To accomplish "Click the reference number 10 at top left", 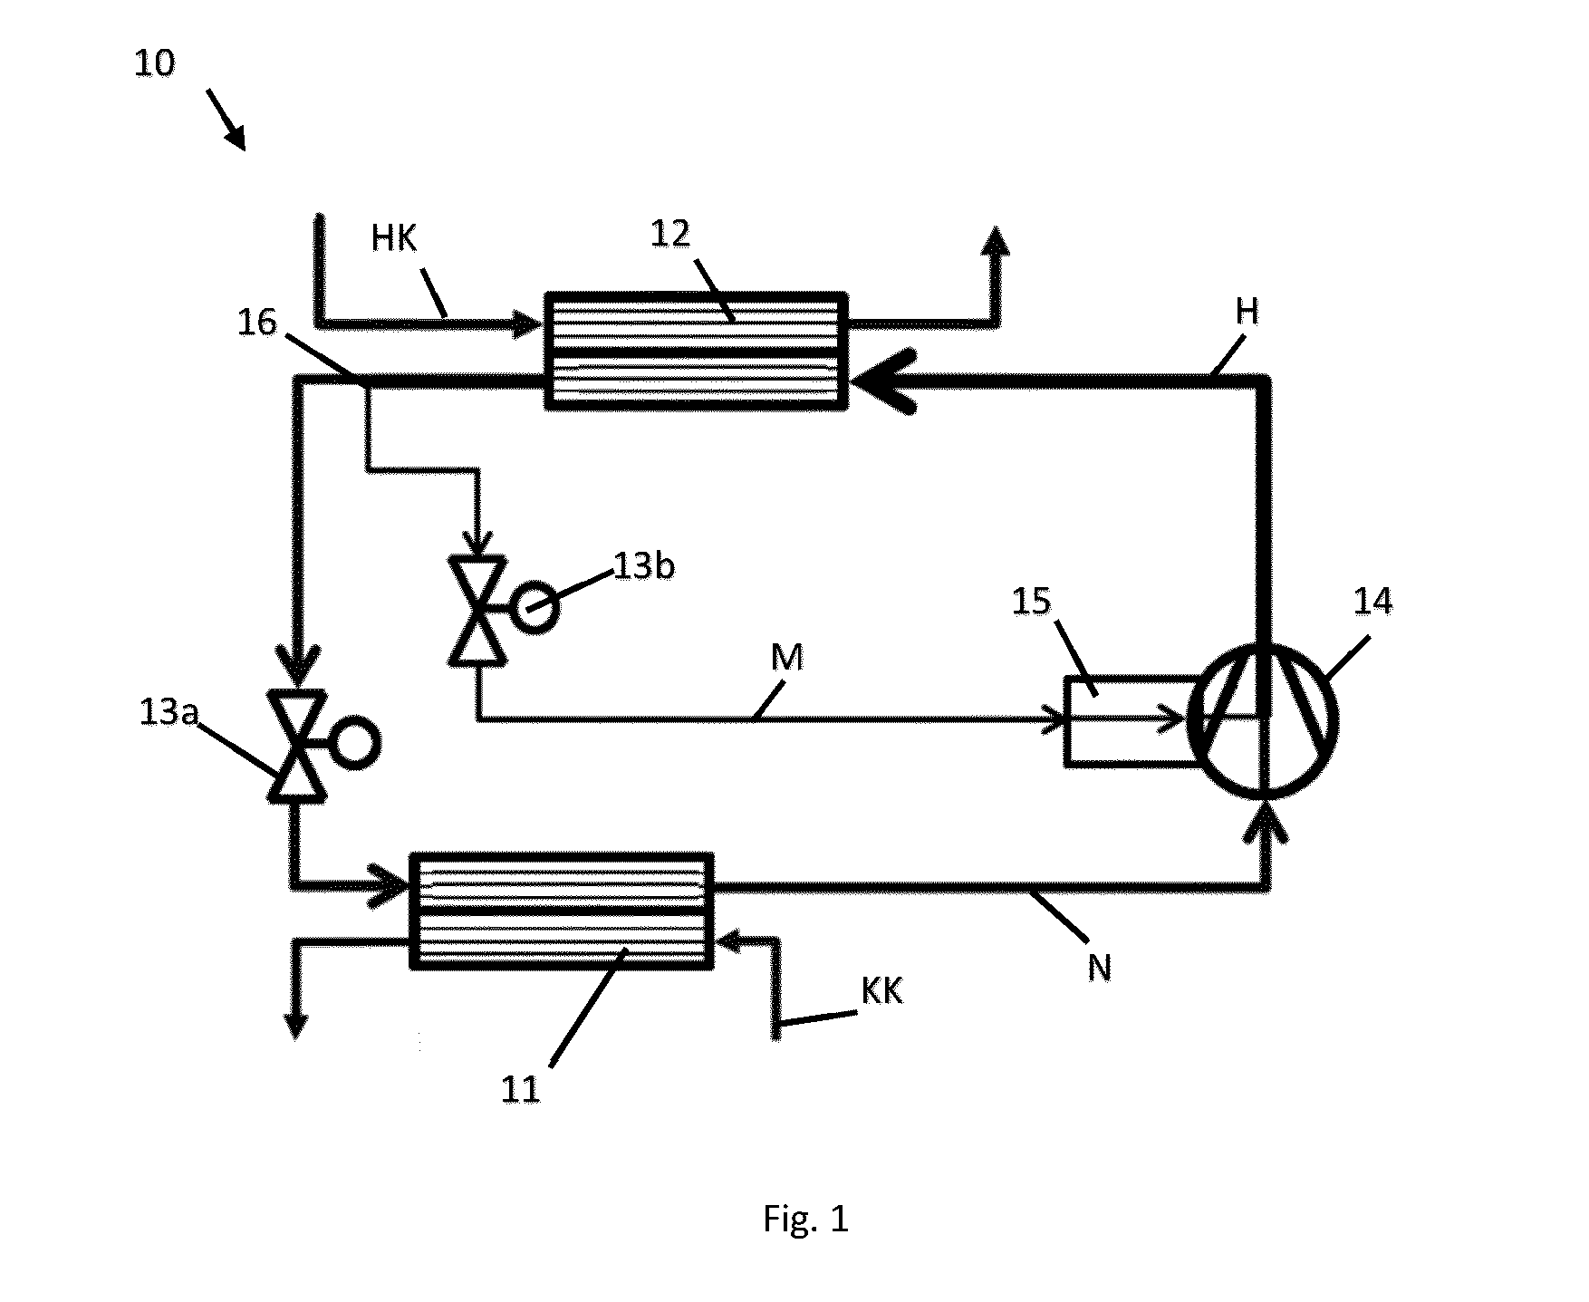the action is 154,64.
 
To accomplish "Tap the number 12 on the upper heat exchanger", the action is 670,235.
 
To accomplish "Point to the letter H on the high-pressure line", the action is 1247,312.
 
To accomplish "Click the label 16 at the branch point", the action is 256,323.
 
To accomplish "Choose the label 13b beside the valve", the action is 644,567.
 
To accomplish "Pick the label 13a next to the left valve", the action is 169,712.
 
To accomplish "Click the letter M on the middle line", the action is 787,658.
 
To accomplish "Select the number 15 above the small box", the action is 1031,601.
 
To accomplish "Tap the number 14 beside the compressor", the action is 1372,601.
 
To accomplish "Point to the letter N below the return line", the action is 1099,969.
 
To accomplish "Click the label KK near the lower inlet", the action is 881,991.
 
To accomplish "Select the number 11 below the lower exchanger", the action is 521,1089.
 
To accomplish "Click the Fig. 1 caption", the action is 805,1219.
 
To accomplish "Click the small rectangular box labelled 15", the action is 1065,721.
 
